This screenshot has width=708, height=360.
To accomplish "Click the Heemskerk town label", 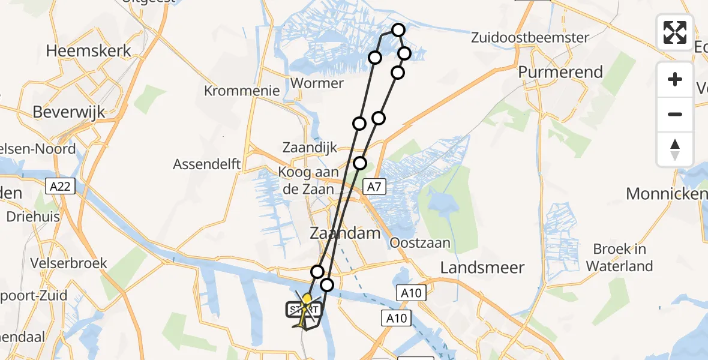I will [89, 50].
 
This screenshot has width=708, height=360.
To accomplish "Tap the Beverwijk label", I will [69, 112].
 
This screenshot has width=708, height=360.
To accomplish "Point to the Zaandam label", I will [345, 233].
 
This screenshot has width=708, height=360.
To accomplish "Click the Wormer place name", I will [317, 83].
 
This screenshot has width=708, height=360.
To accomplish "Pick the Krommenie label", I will [242, 91].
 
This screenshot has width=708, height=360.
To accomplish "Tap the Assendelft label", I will [207, 164].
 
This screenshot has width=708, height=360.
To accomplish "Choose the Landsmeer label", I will [482, 268].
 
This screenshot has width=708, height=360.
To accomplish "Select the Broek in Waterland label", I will [620, 257].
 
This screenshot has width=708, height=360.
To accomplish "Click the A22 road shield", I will [61, 187].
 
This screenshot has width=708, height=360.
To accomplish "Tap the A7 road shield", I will [374, 187].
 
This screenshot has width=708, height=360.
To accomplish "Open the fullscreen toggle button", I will [675, 32].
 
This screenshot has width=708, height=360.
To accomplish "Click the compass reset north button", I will [675, 149].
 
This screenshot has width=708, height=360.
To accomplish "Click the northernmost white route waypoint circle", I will [398, 30].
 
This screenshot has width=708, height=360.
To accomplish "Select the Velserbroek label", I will [69, 263].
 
